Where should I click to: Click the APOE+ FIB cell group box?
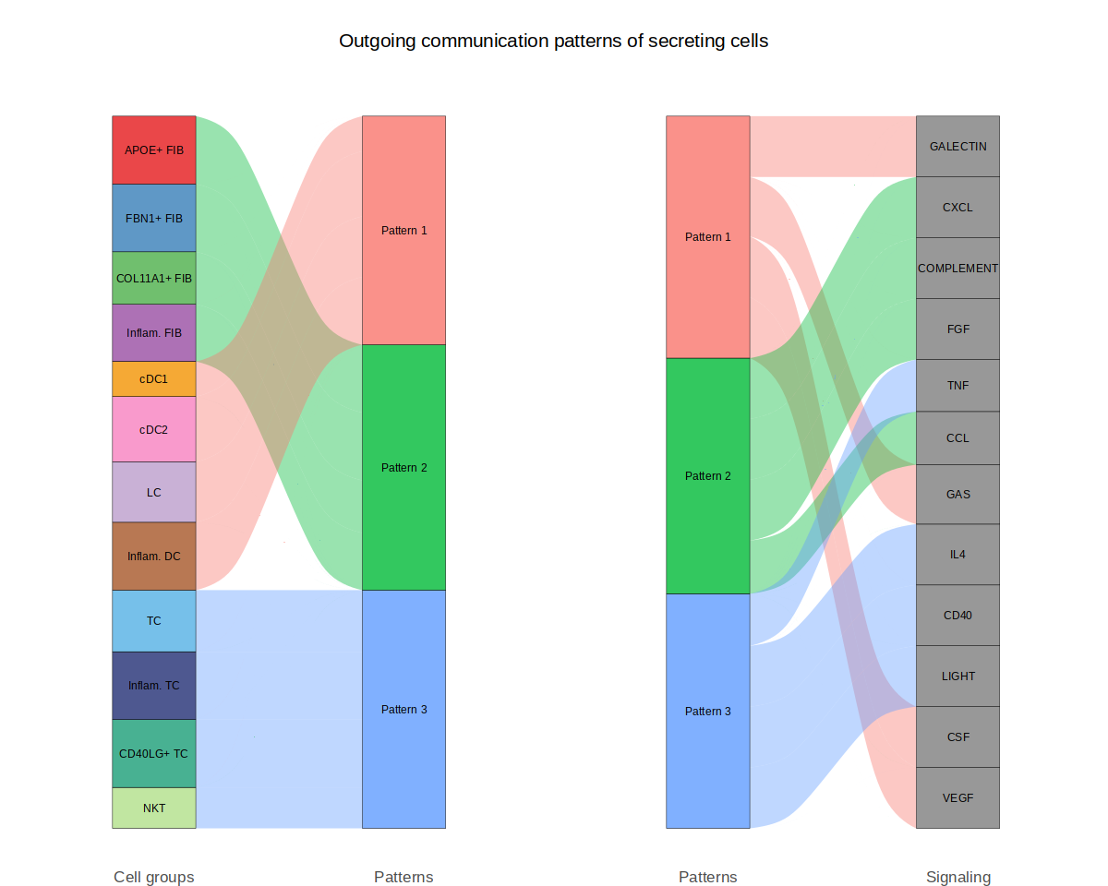(154, 150)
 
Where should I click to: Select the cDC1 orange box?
(154, 378)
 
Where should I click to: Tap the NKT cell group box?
(154, 808)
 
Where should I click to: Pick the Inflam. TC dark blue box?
(154, 686)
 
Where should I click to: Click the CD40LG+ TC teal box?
(154, 753)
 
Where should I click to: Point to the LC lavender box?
(154, 492)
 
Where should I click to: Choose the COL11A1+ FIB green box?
(154, 278)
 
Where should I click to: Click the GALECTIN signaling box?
(957, 146)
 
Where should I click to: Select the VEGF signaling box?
(957, 797)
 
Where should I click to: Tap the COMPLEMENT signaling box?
(957, 268)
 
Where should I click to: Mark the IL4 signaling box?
(957, 555)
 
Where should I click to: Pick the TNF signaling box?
(957, 386)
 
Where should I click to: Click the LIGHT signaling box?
(957, 676)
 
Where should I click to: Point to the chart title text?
(553, 41)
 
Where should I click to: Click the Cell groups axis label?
(154, 877)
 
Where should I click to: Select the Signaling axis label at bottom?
(957, 877)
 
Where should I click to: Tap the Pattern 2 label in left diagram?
(403, 468)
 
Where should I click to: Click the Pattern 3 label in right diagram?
(708, 712)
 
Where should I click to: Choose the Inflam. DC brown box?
(154, 557)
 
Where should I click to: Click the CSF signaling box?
(957, 736)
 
